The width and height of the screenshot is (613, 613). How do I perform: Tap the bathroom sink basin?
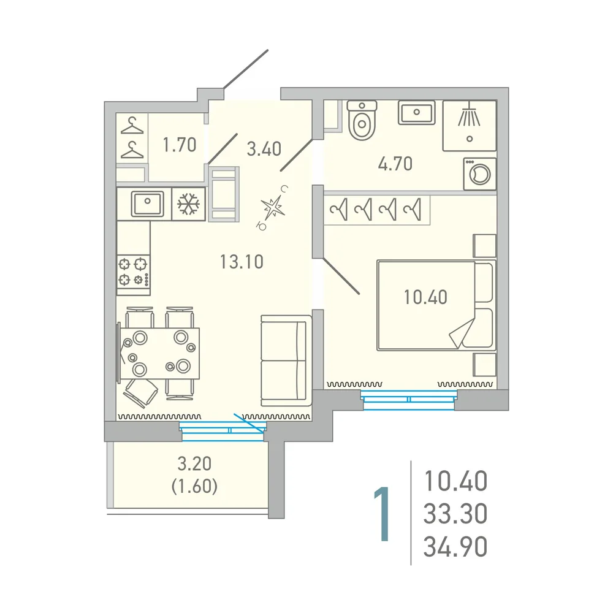417,113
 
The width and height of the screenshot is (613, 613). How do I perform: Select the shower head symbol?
469,116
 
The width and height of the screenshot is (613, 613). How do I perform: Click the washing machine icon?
479,174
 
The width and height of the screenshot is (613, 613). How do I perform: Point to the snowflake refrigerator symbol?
188,204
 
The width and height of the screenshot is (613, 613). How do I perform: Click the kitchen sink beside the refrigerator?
147,204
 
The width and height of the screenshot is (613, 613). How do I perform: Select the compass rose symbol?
273,208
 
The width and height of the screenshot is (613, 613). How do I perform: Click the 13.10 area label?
242,262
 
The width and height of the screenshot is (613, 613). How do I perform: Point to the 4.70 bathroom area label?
395,164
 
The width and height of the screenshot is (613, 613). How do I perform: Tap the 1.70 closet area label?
180,145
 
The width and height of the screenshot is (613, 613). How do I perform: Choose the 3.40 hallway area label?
264,149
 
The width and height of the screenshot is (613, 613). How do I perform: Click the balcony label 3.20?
194,463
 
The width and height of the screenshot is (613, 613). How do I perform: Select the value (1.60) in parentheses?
194,486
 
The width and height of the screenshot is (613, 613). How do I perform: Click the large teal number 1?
382,514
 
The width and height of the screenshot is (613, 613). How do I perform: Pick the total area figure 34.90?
455,547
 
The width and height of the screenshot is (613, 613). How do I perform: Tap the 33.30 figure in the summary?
455,513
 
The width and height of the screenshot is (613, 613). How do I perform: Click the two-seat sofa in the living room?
286,361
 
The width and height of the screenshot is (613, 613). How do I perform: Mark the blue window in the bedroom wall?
409,400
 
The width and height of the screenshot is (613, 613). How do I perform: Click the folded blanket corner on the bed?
462,333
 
